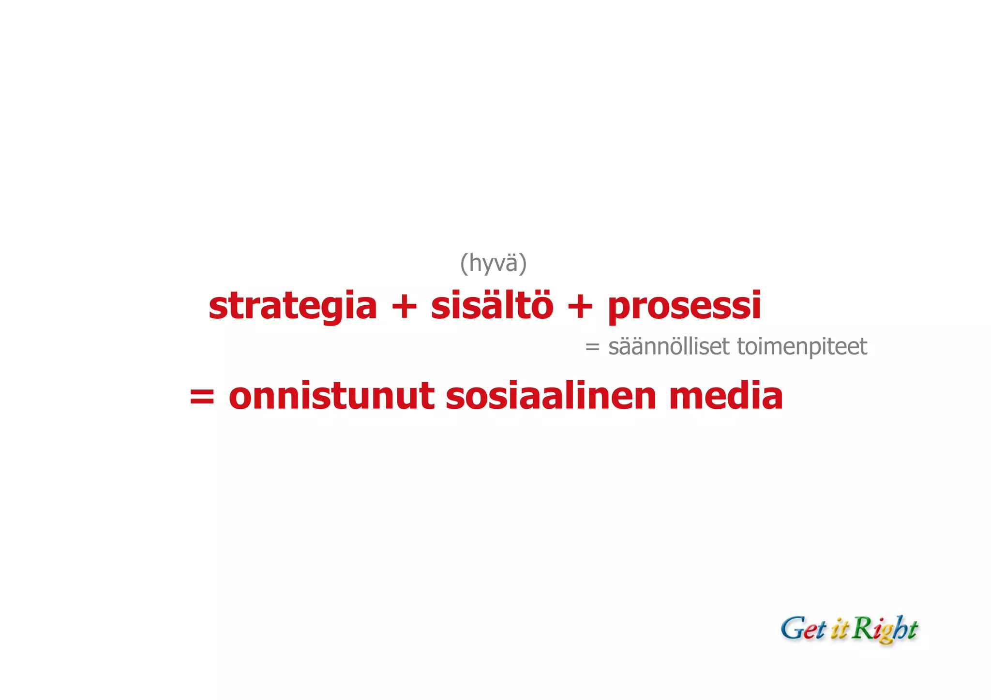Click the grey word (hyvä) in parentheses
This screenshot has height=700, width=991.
[493, 264]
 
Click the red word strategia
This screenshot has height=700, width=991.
[292, 306]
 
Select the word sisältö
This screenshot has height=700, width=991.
[492, 305]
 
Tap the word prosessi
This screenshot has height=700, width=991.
[684, 306]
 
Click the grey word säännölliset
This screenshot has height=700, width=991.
[668, 346]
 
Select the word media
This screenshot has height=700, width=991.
[726, 396]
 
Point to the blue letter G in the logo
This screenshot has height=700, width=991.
[792, 628]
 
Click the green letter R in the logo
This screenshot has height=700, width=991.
[862, 628]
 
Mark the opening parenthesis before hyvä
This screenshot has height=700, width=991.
[464, 264]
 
